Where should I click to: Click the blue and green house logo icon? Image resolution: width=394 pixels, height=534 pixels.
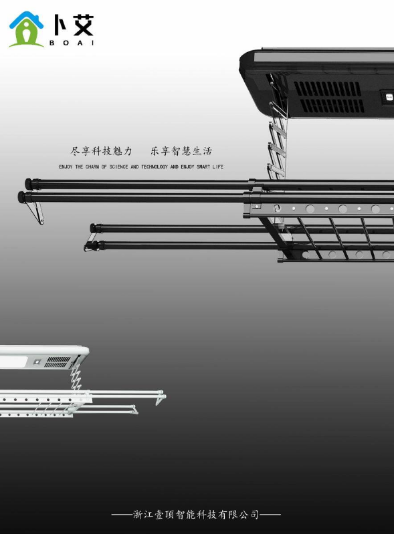pyautogui.click(x=26, y=29)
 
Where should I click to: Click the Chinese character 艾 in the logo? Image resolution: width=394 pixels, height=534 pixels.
pyautogui.click(x=83, y=25)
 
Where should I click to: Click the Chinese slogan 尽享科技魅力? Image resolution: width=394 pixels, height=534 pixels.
pyautogui.click(x=101, y=151)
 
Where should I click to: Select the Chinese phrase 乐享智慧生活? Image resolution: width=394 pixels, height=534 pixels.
pyautogui.click(x=181, y=151)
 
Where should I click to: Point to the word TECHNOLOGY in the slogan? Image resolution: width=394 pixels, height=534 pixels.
pyautogui.click(x=155, y=167)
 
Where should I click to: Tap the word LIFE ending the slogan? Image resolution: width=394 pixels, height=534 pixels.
pyautogui.click(x=218, y=167)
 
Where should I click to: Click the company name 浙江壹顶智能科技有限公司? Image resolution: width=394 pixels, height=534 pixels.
pyautogui.click(x=196, y=514)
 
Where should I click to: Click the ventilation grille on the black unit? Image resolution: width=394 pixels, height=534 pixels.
pyautogui.click(x=328, y=98)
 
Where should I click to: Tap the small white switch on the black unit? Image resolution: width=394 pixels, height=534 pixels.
pyautogui.click(x=389, y=98)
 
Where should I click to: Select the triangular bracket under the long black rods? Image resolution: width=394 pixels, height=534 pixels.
pyautogui.click(x=36, y=213)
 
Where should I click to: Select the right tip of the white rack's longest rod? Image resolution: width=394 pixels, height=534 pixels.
pyautogui.click(x=165, y=397)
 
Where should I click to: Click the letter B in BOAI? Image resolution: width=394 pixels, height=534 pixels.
pyautogui.click(x=52, y=43)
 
